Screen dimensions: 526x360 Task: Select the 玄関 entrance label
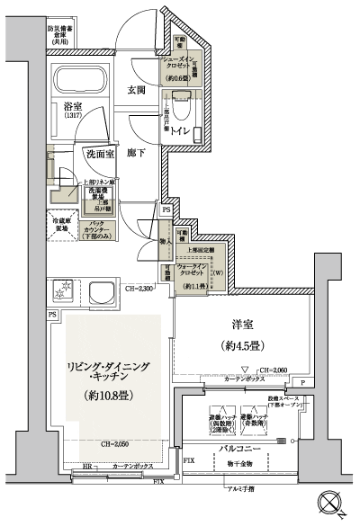click(137, 90)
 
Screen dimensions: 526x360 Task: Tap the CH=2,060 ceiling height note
click(273, 370)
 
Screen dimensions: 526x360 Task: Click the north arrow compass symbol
click(328, 504)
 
